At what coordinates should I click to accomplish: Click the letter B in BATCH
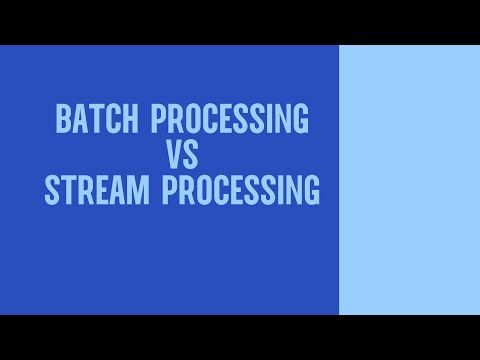click(x=62, y=120)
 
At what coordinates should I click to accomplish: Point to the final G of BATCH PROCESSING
click(x=299, y=120)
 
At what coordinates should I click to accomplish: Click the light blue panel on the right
click(x=409, y=180)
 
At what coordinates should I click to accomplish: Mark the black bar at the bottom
click(x=240, y=337)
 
